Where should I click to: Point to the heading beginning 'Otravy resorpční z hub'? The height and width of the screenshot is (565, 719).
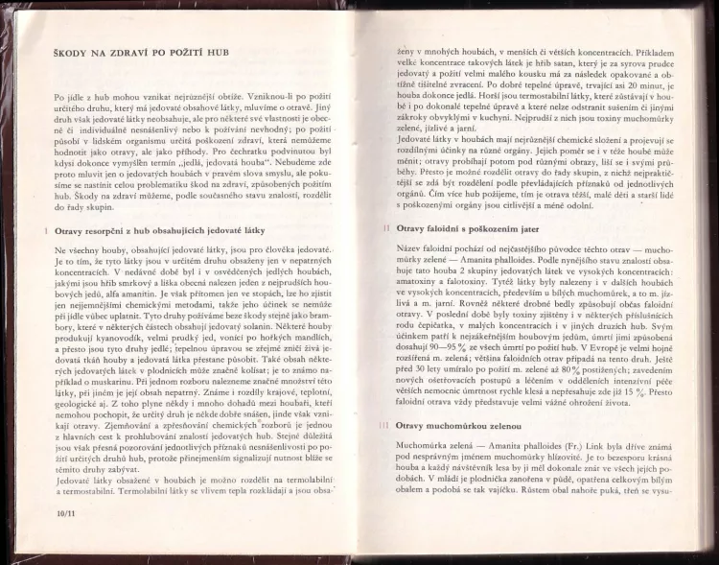coord(160,230)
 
